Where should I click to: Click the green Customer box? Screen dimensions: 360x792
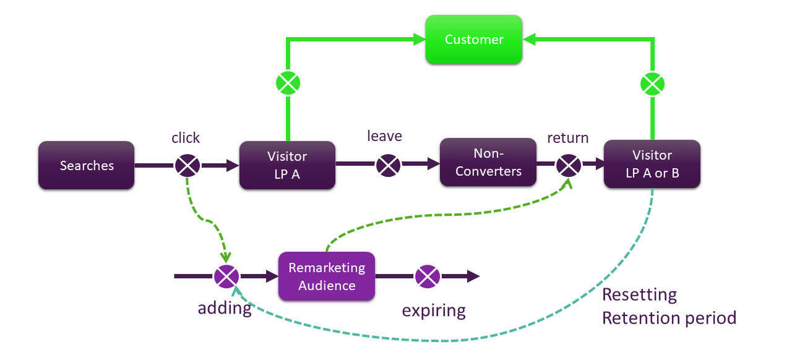pyautogui.click(x=474, y=40)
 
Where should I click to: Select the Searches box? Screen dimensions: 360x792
pyautogui.click(x=87, y=166)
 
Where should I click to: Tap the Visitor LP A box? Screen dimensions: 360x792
pyautogui.click(x=287, y=165)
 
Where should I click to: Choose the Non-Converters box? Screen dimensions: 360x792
pyautogui.click(x=488, y=162)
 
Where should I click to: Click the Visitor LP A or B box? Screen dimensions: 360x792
pyautogui.click(x=652, y=165)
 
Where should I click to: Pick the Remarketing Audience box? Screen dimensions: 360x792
pyautogui.click(x=327, y=276)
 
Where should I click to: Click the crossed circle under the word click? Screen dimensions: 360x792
pyautogui.click(x=187, y=165)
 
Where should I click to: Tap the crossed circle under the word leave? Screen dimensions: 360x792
pyautogui.click(x=388, y=165)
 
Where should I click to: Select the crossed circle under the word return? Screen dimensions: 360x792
pyautogui.click(x=568, y=165)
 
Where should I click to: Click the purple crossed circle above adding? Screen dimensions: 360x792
pyautogui.click(x=226, y=276)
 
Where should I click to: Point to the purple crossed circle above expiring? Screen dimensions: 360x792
pyautogui.click(x=427, y=276)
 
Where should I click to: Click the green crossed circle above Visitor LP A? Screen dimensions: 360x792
pyautogui.click(x=288, y=82)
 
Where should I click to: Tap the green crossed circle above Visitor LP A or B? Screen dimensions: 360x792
pyautogui.click(x=652, y=82)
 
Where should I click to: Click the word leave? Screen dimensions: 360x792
pyautogui.click(x=384, y=136)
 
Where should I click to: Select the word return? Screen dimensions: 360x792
pyautogui.click(x=567, y=137)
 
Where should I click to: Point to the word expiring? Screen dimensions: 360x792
pyautogui.click(x=434, y=309)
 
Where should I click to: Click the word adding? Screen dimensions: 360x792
pyautogui.click(x=225, y=307)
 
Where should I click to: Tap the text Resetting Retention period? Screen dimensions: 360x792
pyautogui.click(x=668, y=306)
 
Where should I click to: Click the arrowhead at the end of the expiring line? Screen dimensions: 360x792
pyautogui.click(x=473, y=276)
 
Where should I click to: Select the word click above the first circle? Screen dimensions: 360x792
pyautogui.click(x=186, y=137)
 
